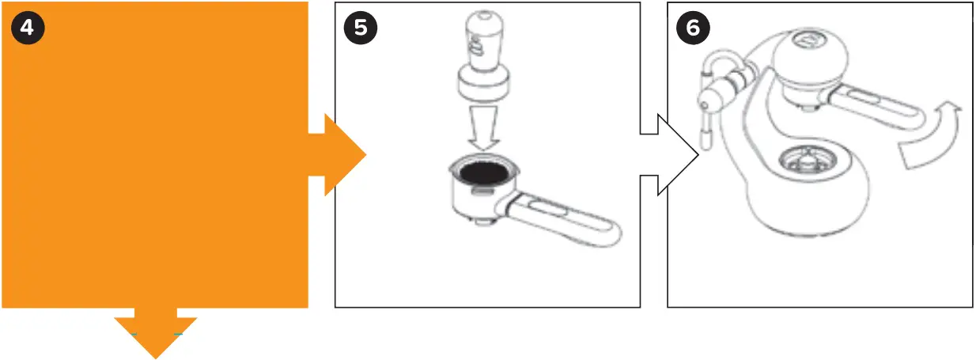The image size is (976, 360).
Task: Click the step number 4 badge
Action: click(28, 28)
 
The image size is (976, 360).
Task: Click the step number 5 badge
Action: click(361, 28)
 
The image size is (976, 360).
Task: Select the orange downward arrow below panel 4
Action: click(155, 335)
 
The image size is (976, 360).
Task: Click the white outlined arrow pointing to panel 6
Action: click(672, 155)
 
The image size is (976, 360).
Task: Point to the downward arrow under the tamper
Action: click(482, 129)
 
